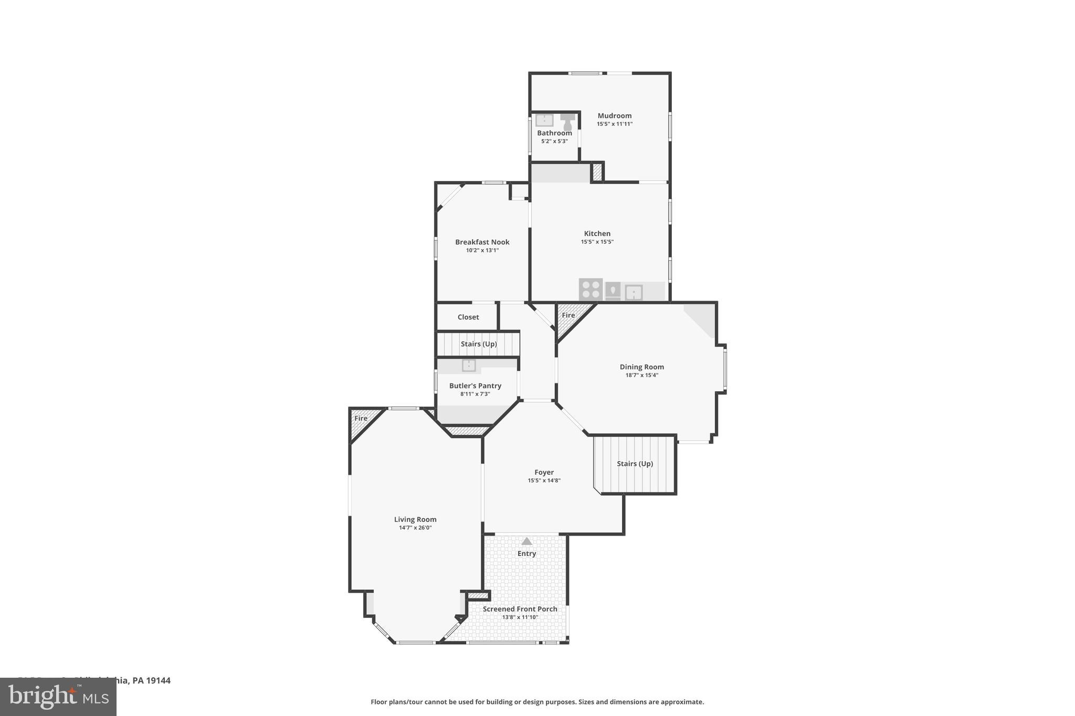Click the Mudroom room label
pos(614,116)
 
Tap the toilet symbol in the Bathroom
pos(567,122)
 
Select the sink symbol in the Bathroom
pos(544,120)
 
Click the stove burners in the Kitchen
pos(591,290)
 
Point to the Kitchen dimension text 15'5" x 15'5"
pos(597,242)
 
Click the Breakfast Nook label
pos(482,242)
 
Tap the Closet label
pos(468,317)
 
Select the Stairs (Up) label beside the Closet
pos(478,344)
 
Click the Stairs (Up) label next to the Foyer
pos(635,464)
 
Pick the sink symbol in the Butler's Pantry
pos(468,365)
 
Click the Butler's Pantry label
pos(475,386)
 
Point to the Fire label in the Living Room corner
pos(361,419)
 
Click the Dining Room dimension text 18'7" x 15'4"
pos(641,376)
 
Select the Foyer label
pos(544,473)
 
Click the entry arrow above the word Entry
pos(526,541)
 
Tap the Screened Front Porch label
pos(520,610)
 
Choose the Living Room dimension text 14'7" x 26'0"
pos(415,528)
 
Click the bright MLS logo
pos(58,697)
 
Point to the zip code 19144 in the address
pos(158,681)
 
